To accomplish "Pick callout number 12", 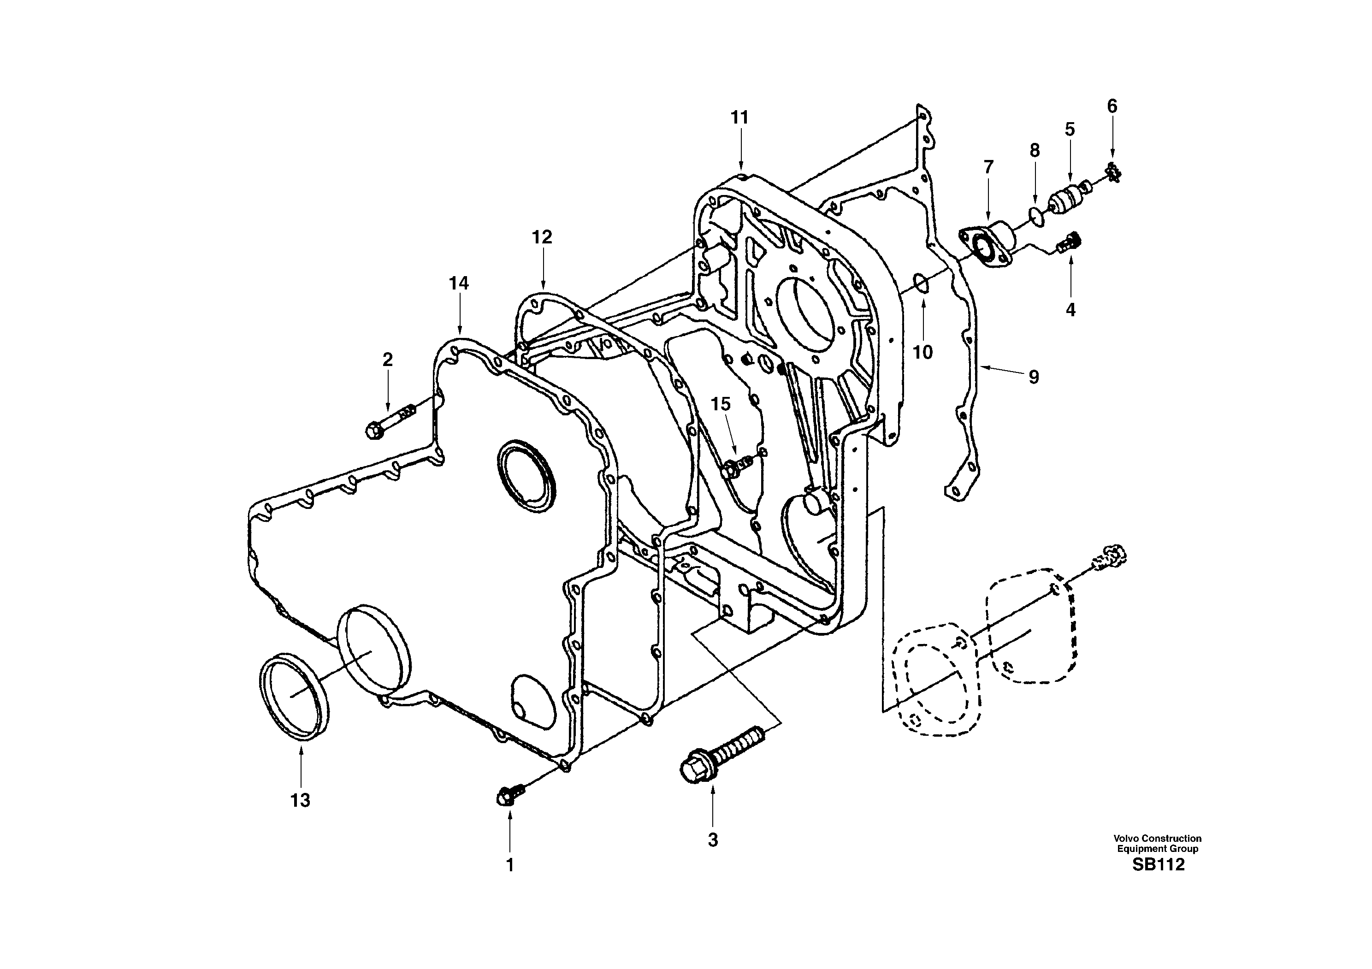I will [x=542, y=237].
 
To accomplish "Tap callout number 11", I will [x=740, y=118].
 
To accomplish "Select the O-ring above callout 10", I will [x=921, y=283].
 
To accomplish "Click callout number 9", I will [x=1033, y=377].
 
